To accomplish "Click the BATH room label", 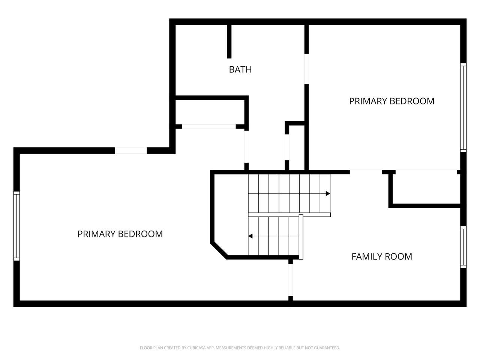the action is point(240,69).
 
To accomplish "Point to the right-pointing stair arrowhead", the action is point(328,193).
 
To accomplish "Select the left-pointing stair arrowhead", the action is point(250,236).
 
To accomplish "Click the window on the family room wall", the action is point(463,247).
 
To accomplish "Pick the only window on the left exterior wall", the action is point(16,226).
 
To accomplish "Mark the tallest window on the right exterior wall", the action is point(463,108).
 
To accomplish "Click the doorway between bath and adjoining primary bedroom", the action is point(307,69).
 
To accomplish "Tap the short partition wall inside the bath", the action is point(229,42).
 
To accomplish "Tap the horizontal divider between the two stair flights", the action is point(289,214).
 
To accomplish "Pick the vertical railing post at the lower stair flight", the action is point(301,237).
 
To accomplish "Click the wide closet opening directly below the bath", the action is point(209,126).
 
